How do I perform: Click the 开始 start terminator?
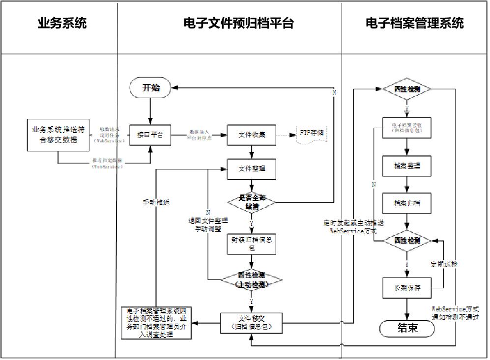click(x=150, y=88)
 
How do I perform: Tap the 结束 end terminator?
click(x=407, y=328)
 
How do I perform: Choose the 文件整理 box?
click(x=252, y=169)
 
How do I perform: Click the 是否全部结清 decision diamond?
click(x=252, y=201)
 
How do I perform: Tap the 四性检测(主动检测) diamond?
click(x=252, y=280)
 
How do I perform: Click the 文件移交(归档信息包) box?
click(x=252, y=322)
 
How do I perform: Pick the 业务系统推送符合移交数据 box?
click(x=58, y=134)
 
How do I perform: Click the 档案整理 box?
click(x=406, y=166)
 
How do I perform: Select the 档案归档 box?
click(x=406, y=203)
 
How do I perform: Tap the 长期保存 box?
click(x=406, y=288)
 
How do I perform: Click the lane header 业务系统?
click(x=62, y=23)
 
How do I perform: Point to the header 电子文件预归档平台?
click(x=238, y=23)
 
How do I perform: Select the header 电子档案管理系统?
click(x=414, y=23)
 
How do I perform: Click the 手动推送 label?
click(x=156, y=202)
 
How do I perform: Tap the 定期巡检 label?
click(x=444, y=264)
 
